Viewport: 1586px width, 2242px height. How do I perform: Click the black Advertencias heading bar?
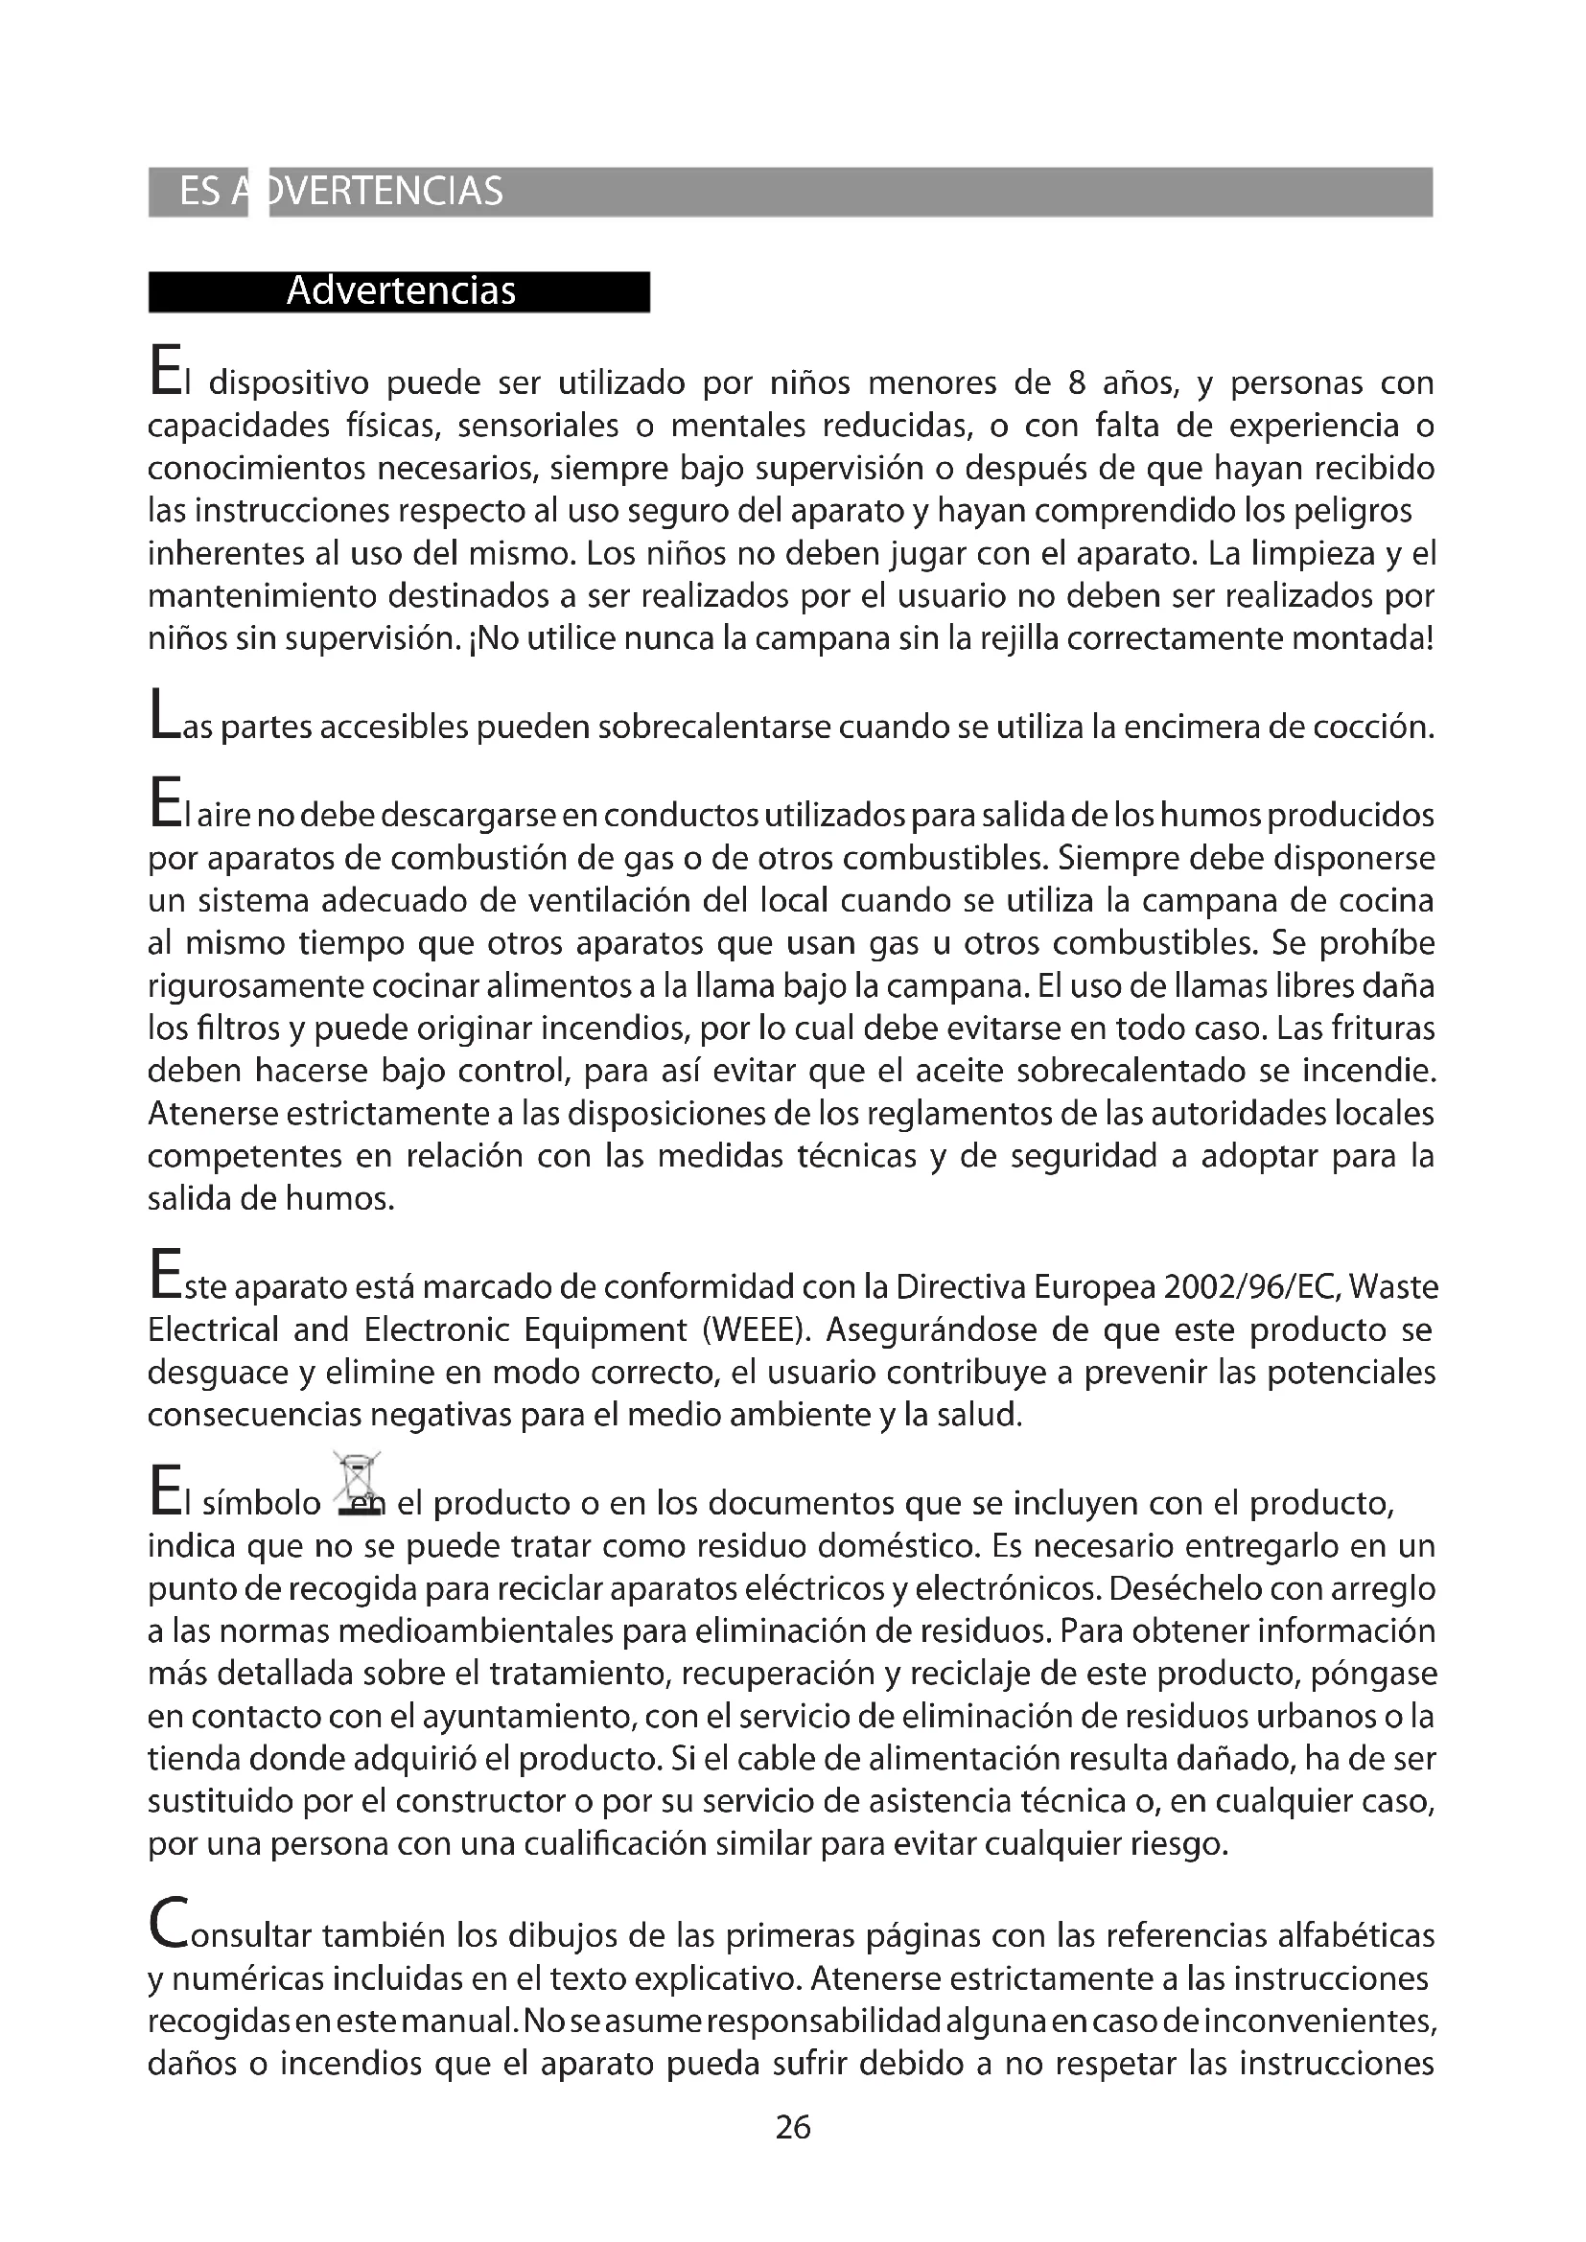399,291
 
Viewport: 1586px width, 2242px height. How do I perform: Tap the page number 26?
792,2127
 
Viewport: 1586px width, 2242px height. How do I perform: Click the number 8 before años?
1076,382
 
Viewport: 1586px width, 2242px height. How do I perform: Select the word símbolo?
262,1503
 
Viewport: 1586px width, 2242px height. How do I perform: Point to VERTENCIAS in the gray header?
386,192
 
